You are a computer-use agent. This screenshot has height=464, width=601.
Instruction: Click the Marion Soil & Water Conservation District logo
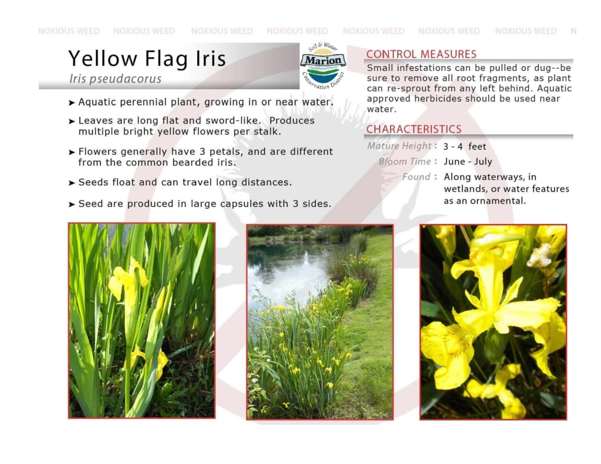pos(323,66)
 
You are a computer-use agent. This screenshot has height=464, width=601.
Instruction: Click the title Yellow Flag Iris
pos(147,59)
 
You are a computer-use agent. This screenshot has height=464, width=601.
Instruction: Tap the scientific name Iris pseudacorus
pos(116,79)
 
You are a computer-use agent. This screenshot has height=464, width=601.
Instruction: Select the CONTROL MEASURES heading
pos(421,54)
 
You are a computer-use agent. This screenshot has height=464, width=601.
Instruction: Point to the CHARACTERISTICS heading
pos(414,129)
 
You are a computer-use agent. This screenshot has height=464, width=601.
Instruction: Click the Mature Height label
pos(399,146)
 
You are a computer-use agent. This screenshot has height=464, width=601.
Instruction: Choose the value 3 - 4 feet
pos(465,147)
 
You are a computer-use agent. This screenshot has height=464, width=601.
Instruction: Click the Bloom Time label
pos(405,161)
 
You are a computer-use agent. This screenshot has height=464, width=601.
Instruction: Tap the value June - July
pos(468,161)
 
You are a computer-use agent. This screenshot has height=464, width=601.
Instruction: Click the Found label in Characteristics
pos(416,177)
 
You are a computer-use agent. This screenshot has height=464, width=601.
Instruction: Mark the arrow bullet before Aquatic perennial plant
pos(72,103)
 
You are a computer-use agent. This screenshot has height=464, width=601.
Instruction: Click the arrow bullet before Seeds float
pos(72,183)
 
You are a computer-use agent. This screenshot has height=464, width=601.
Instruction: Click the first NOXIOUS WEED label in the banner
pos(69,31)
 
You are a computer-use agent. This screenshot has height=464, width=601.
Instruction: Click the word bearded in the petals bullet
pos(193,162)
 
